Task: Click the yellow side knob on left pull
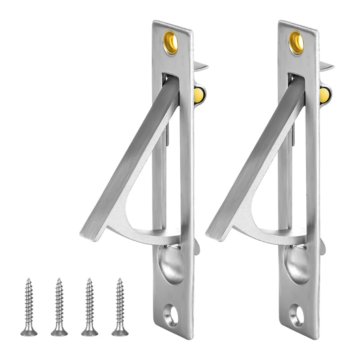(198, 94)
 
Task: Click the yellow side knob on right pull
(324, 94)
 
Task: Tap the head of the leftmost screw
(29, 332)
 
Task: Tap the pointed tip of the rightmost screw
(120, 279)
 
